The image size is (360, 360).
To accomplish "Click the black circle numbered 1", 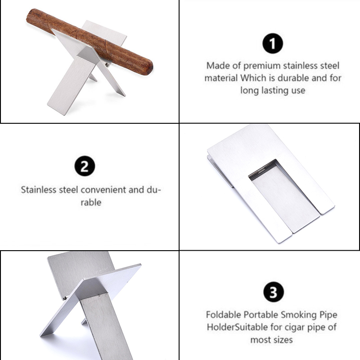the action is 273,43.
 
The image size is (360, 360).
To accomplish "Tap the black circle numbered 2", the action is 85,166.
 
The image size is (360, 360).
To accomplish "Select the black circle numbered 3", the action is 273,292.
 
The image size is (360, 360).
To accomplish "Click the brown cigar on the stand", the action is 90,41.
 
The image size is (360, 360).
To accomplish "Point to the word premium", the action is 262,66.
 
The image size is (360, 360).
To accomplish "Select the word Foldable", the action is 224,315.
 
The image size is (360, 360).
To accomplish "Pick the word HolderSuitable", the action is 237,327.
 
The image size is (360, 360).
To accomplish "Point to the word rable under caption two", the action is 91,202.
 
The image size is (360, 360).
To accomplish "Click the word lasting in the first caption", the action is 273,90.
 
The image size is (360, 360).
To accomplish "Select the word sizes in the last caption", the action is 283,340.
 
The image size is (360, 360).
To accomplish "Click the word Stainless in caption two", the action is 39,190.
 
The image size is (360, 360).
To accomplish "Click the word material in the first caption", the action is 221,78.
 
